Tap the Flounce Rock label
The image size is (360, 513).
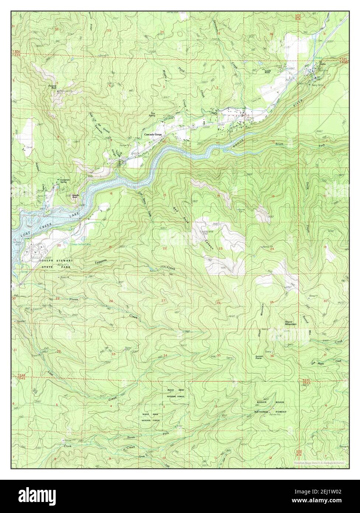[51, 87]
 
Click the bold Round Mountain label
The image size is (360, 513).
[291, 322]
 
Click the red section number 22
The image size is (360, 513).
[165, 248]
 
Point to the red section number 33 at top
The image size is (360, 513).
[108, 30]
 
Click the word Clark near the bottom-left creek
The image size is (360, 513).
[67, 446]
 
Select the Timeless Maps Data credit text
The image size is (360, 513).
[319, 462]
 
